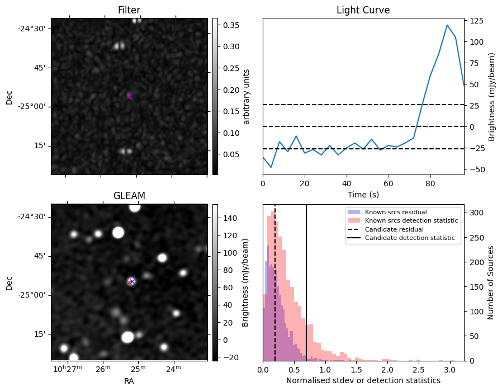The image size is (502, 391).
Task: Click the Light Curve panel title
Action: (363, 10)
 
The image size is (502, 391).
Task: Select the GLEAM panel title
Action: (129, 196)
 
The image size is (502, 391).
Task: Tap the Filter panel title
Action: (129, 10)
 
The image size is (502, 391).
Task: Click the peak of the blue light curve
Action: (447, 25)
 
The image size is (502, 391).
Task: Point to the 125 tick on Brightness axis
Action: (476, 21)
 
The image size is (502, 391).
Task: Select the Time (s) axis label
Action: (363, 194)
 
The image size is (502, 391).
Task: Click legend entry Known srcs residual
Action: (396, 213)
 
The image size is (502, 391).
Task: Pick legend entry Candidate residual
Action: (394, 230)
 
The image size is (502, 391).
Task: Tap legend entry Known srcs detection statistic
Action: (411, 221)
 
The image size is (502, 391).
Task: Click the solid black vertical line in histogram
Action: (306, 280)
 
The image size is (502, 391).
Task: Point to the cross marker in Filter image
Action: (130, 96)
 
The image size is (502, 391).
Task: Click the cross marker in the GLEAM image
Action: (131, 282)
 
